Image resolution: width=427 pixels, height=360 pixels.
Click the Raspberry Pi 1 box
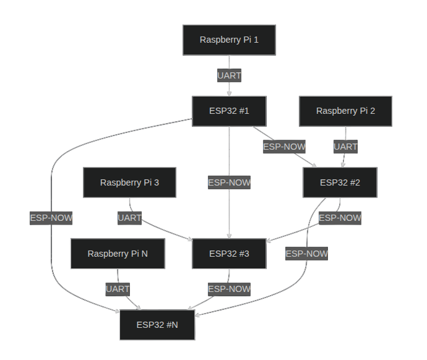click(229, 40)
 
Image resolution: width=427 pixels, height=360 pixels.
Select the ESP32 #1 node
click(229, 111)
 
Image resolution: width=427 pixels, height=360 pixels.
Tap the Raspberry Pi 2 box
click(345, 111)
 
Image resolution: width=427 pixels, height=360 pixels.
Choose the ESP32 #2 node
click(340, 182)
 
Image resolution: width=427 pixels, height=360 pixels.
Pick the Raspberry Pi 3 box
click(129, 182)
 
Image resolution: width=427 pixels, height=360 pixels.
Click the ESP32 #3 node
click(229, 254)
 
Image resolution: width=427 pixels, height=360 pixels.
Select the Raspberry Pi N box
click(118, 254)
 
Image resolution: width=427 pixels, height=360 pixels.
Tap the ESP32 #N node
click(157, 325)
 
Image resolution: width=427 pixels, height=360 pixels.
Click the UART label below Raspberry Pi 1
click(229, 75)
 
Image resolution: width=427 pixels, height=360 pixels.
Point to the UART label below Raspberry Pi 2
click(345, 147)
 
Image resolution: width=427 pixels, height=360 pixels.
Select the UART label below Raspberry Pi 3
click(129, 218)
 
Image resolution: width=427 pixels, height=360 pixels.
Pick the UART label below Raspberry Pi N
click(118, 289)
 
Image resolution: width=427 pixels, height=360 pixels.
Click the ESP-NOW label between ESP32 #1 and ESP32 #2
click(284, 147)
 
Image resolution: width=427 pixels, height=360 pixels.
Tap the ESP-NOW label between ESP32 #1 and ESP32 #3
click(229, 182)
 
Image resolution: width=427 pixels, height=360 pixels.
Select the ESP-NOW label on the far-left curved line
click(51, 218)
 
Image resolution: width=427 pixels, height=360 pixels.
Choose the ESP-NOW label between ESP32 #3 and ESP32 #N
click(229, 289)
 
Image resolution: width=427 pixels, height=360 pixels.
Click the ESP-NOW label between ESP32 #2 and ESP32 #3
click(340, 218)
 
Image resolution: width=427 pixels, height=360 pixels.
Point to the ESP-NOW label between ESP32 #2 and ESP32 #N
click(306, 254)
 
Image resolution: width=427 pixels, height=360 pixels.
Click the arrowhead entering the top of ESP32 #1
click(229, 93)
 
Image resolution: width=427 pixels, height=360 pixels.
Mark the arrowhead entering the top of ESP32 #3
click(229, 236)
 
